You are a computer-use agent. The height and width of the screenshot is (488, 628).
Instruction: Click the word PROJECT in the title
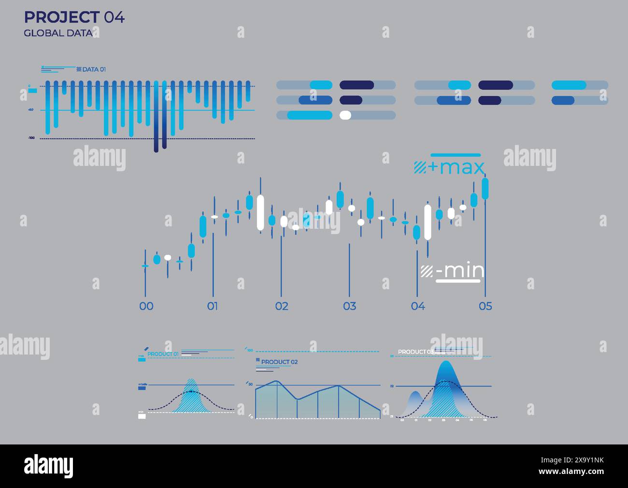coord(61,17)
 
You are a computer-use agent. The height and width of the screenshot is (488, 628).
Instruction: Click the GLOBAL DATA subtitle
coord(57,33)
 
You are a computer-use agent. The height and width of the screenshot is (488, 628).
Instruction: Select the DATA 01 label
coord(94,70)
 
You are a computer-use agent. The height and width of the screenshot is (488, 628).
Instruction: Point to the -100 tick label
coord(31,138)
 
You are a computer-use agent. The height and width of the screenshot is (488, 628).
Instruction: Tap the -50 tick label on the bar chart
coord(31,110)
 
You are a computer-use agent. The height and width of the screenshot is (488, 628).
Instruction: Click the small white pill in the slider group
coord(345,115)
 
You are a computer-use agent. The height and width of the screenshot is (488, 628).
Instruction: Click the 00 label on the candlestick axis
coord(146,306)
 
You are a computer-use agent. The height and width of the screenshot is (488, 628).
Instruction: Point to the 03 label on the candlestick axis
coord(349,306)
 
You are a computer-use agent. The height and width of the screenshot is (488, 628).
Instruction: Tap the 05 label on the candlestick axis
coord(485,306)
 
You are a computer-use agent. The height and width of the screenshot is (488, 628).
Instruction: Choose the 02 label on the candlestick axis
coord(282,306)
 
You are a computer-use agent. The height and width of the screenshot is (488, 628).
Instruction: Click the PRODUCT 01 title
coord(163,354)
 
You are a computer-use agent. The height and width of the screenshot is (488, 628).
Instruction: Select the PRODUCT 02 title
coord(279,362)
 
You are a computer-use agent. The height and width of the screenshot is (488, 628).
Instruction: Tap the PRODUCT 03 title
coord(415,352)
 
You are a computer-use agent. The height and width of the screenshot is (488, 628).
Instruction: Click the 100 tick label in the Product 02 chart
coord(250,350)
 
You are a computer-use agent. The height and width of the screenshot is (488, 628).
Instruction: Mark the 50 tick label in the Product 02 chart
coord(250,384)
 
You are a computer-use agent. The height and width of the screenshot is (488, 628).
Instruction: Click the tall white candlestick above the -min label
coord(428,222)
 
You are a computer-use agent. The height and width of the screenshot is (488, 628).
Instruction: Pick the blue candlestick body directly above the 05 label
coord(485,188)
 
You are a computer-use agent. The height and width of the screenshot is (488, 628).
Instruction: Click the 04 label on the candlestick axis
coord(417,306)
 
